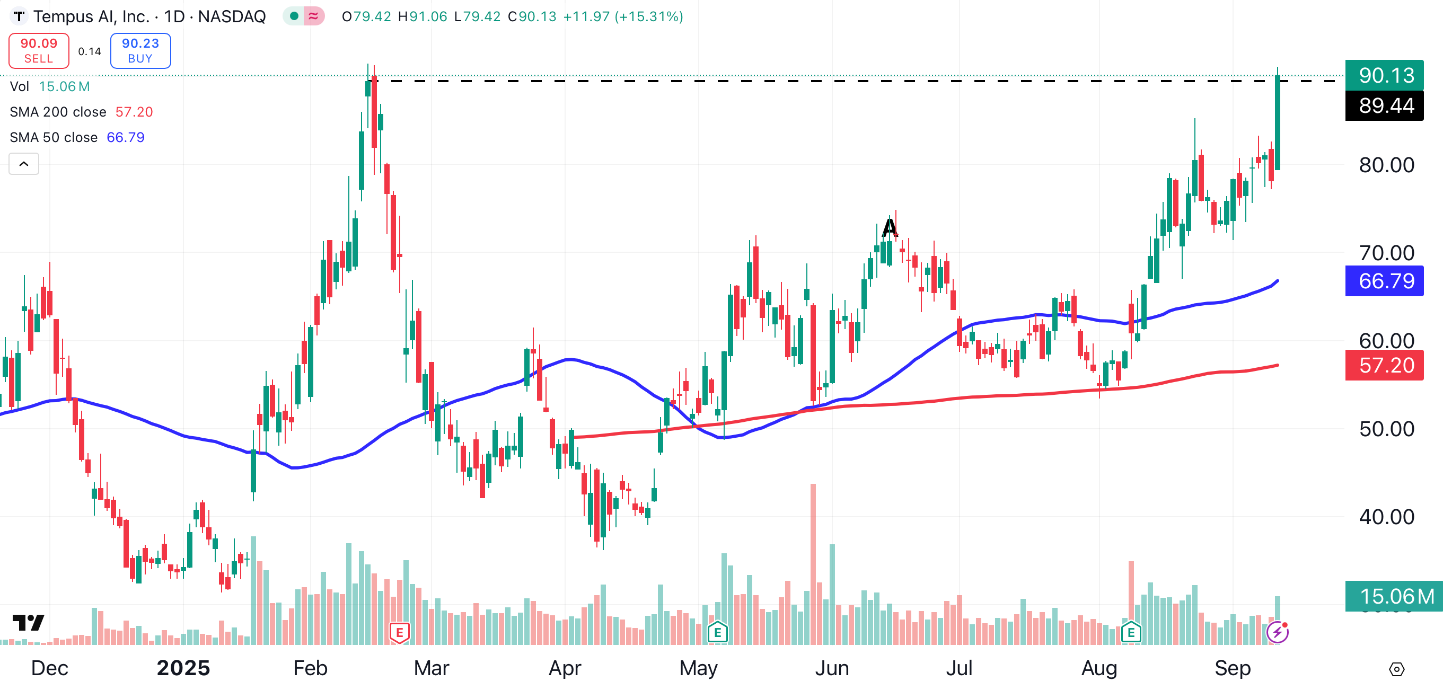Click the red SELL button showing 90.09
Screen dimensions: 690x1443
39,50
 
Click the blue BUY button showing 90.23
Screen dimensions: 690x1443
140,50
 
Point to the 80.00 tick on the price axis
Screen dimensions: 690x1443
1386,165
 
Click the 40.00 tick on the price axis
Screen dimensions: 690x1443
1386,516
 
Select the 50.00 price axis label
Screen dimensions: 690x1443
1386,429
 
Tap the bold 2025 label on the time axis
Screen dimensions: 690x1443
183,668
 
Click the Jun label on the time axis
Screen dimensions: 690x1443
832,668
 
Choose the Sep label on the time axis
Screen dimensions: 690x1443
1233,668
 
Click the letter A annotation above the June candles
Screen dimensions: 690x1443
890,227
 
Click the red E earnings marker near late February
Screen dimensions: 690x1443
399,633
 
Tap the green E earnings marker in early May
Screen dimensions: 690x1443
718,633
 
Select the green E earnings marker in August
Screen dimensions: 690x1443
1131,633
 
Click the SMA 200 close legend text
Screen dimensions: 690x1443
58,112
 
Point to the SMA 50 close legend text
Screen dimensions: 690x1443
54,137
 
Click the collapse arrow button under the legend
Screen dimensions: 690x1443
23,164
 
